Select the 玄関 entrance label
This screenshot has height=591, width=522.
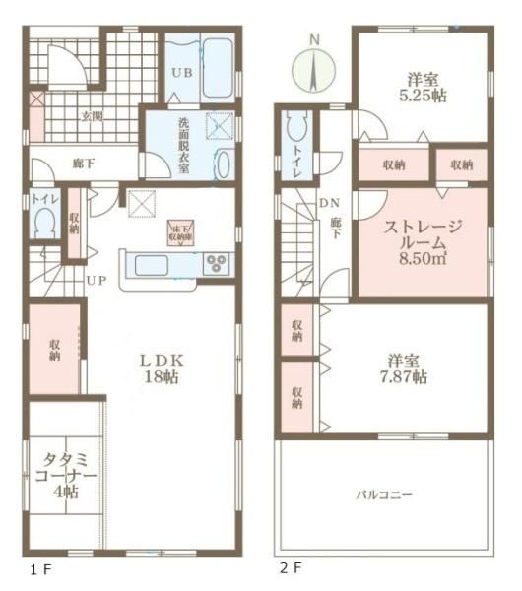coord(91,116)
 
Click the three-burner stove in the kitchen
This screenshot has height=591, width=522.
coord(217,264)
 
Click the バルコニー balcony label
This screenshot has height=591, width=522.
coord(384,493)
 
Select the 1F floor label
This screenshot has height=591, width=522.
coord(36,568)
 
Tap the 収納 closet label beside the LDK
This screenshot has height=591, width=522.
coord(55,351)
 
